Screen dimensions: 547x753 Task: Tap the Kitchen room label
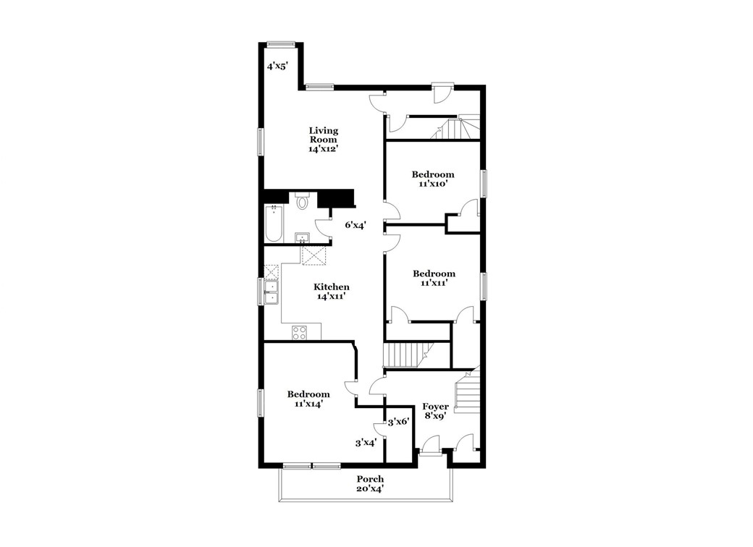pyautogui.click(x=332, y=292)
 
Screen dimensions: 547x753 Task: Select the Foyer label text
pyautogui.click(x=434, y=411)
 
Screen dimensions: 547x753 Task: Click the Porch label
pyautogui.click(x=369, y=483)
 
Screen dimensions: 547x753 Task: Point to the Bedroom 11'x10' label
pyautogui.click(x=433, y=179)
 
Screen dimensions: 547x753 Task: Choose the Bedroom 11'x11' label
pyautogui.click(x=434, y=278)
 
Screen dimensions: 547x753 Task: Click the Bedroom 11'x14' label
pyautogui.click(x=308, y=399)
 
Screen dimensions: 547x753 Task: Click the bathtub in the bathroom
pyautogui.click(x=274, y=224)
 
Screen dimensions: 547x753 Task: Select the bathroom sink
pyautogui.click(x=302, y=238)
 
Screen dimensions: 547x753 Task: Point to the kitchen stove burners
pyautogui.click(x=300, y=332)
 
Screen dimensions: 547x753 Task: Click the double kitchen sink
pyautogui.click(x=272, y=292)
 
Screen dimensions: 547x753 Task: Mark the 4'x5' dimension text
pyautogui.click(x=277, y=66)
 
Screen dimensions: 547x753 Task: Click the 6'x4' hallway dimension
pyautogui.click(x=355, y=225)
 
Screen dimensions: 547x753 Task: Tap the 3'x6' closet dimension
pyautogui.click(x=399, y=422)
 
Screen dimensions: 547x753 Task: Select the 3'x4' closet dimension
pyautogui.click(x=365, y=443)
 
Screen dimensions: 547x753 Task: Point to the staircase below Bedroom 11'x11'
pyautogui.click(x=402, y=355)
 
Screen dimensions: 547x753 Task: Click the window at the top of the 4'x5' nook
pyautogui.click(x=279, y=43)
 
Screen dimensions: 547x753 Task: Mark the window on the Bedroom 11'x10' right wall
pyautogui.click(x=484, y=183)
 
